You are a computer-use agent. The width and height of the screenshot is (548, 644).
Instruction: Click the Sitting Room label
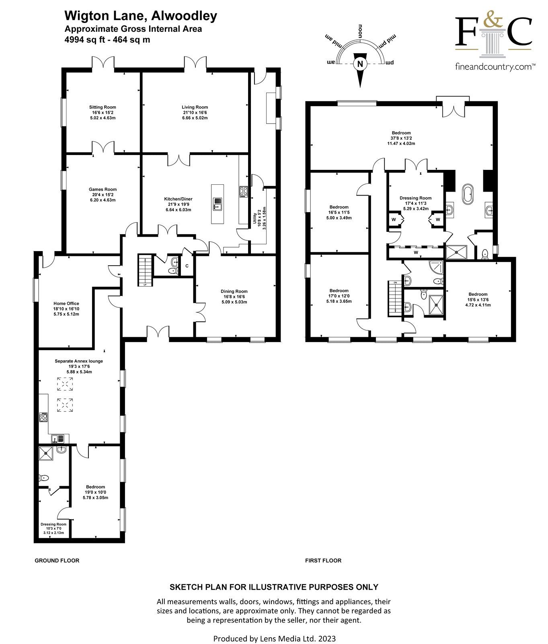[103, 107]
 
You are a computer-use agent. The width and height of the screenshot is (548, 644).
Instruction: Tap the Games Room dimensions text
[103, 197]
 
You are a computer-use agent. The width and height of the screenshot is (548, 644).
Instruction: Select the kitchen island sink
[217, 204]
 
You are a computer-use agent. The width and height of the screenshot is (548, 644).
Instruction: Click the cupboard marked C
[187, 266]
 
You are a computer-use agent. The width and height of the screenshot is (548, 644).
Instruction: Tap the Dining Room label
[234, 291]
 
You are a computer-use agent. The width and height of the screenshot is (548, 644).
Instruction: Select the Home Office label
[66, 303]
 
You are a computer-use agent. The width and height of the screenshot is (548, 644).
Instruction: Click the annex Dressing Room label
[53, 524]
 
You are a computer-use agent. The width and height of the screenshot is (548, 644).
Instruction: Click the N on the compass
[360, 63]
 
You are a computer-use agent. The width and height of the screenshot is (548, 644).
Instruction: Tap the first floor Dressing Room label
[415, 198]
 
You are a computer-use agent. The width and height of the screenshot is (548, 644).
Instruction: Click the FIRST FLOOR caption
[323, 560]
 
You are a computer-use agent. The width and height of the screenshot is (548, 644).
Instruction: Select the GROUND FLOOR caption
[57, 560]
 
